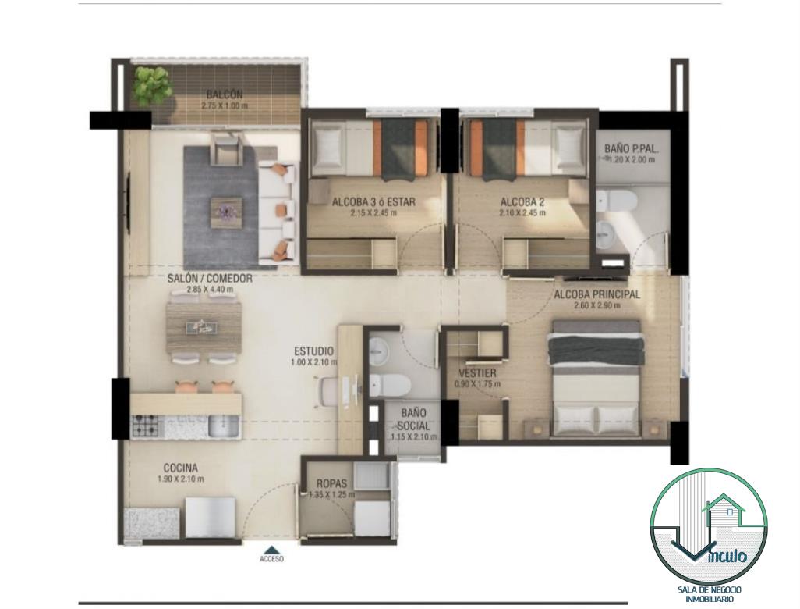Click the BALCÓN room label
pyautogui.click(x=225, y=94)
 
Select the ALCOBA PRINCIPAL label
pyautogui.click(x=597, y=295)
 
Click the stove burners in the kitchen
pyautogui.click(x=146, y=426)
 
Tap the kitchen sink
pyautogui.click(x=223, y=426)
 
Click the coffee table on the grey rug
pyautogui.click(x=225, y=210)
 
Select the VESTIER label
pyautogui.click(x=477, y=373)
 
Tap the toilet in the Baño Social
pyautogui.click(x=388, y=385)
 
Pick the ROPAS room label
pyautogui.click(x=331, y=483)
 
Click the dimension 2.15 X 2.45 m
pyautogui.click(x=373, y=212)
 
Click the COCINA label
pyautogui.click(x=181, y=468)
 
